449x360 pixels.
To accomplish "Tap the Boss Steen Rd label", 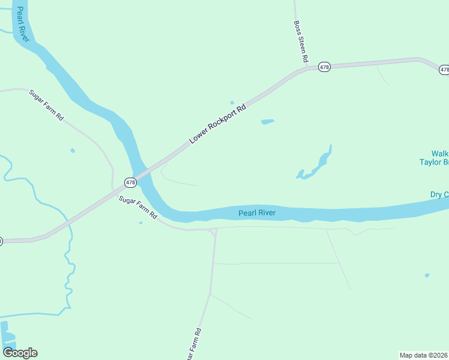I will click(300, 42).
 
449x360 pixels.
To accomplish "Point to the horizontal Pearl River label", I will click(256, 213).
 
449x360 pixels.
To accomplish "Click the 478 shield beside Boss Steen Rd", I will click(324, 67).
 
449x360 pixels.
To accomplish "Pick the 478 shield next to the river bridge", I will click(130, 182).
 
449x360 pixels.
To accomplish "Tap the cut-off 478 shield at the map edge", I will click(444, 70).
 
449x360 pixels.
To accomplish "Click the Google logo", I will click(20, 353).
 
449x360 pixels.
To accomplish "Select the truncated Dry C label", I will click(439, 194).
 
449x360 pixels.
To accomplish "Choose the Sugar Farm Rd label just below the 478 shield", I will click(137, 207).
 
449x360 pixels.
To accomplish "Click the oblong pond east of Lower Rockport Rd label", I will click(268, 122).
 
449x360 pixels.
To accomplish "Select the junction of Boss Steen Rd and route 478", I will click(308, 68).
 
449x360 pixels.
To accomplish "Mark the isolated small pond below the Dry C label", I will click(427, 275).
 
